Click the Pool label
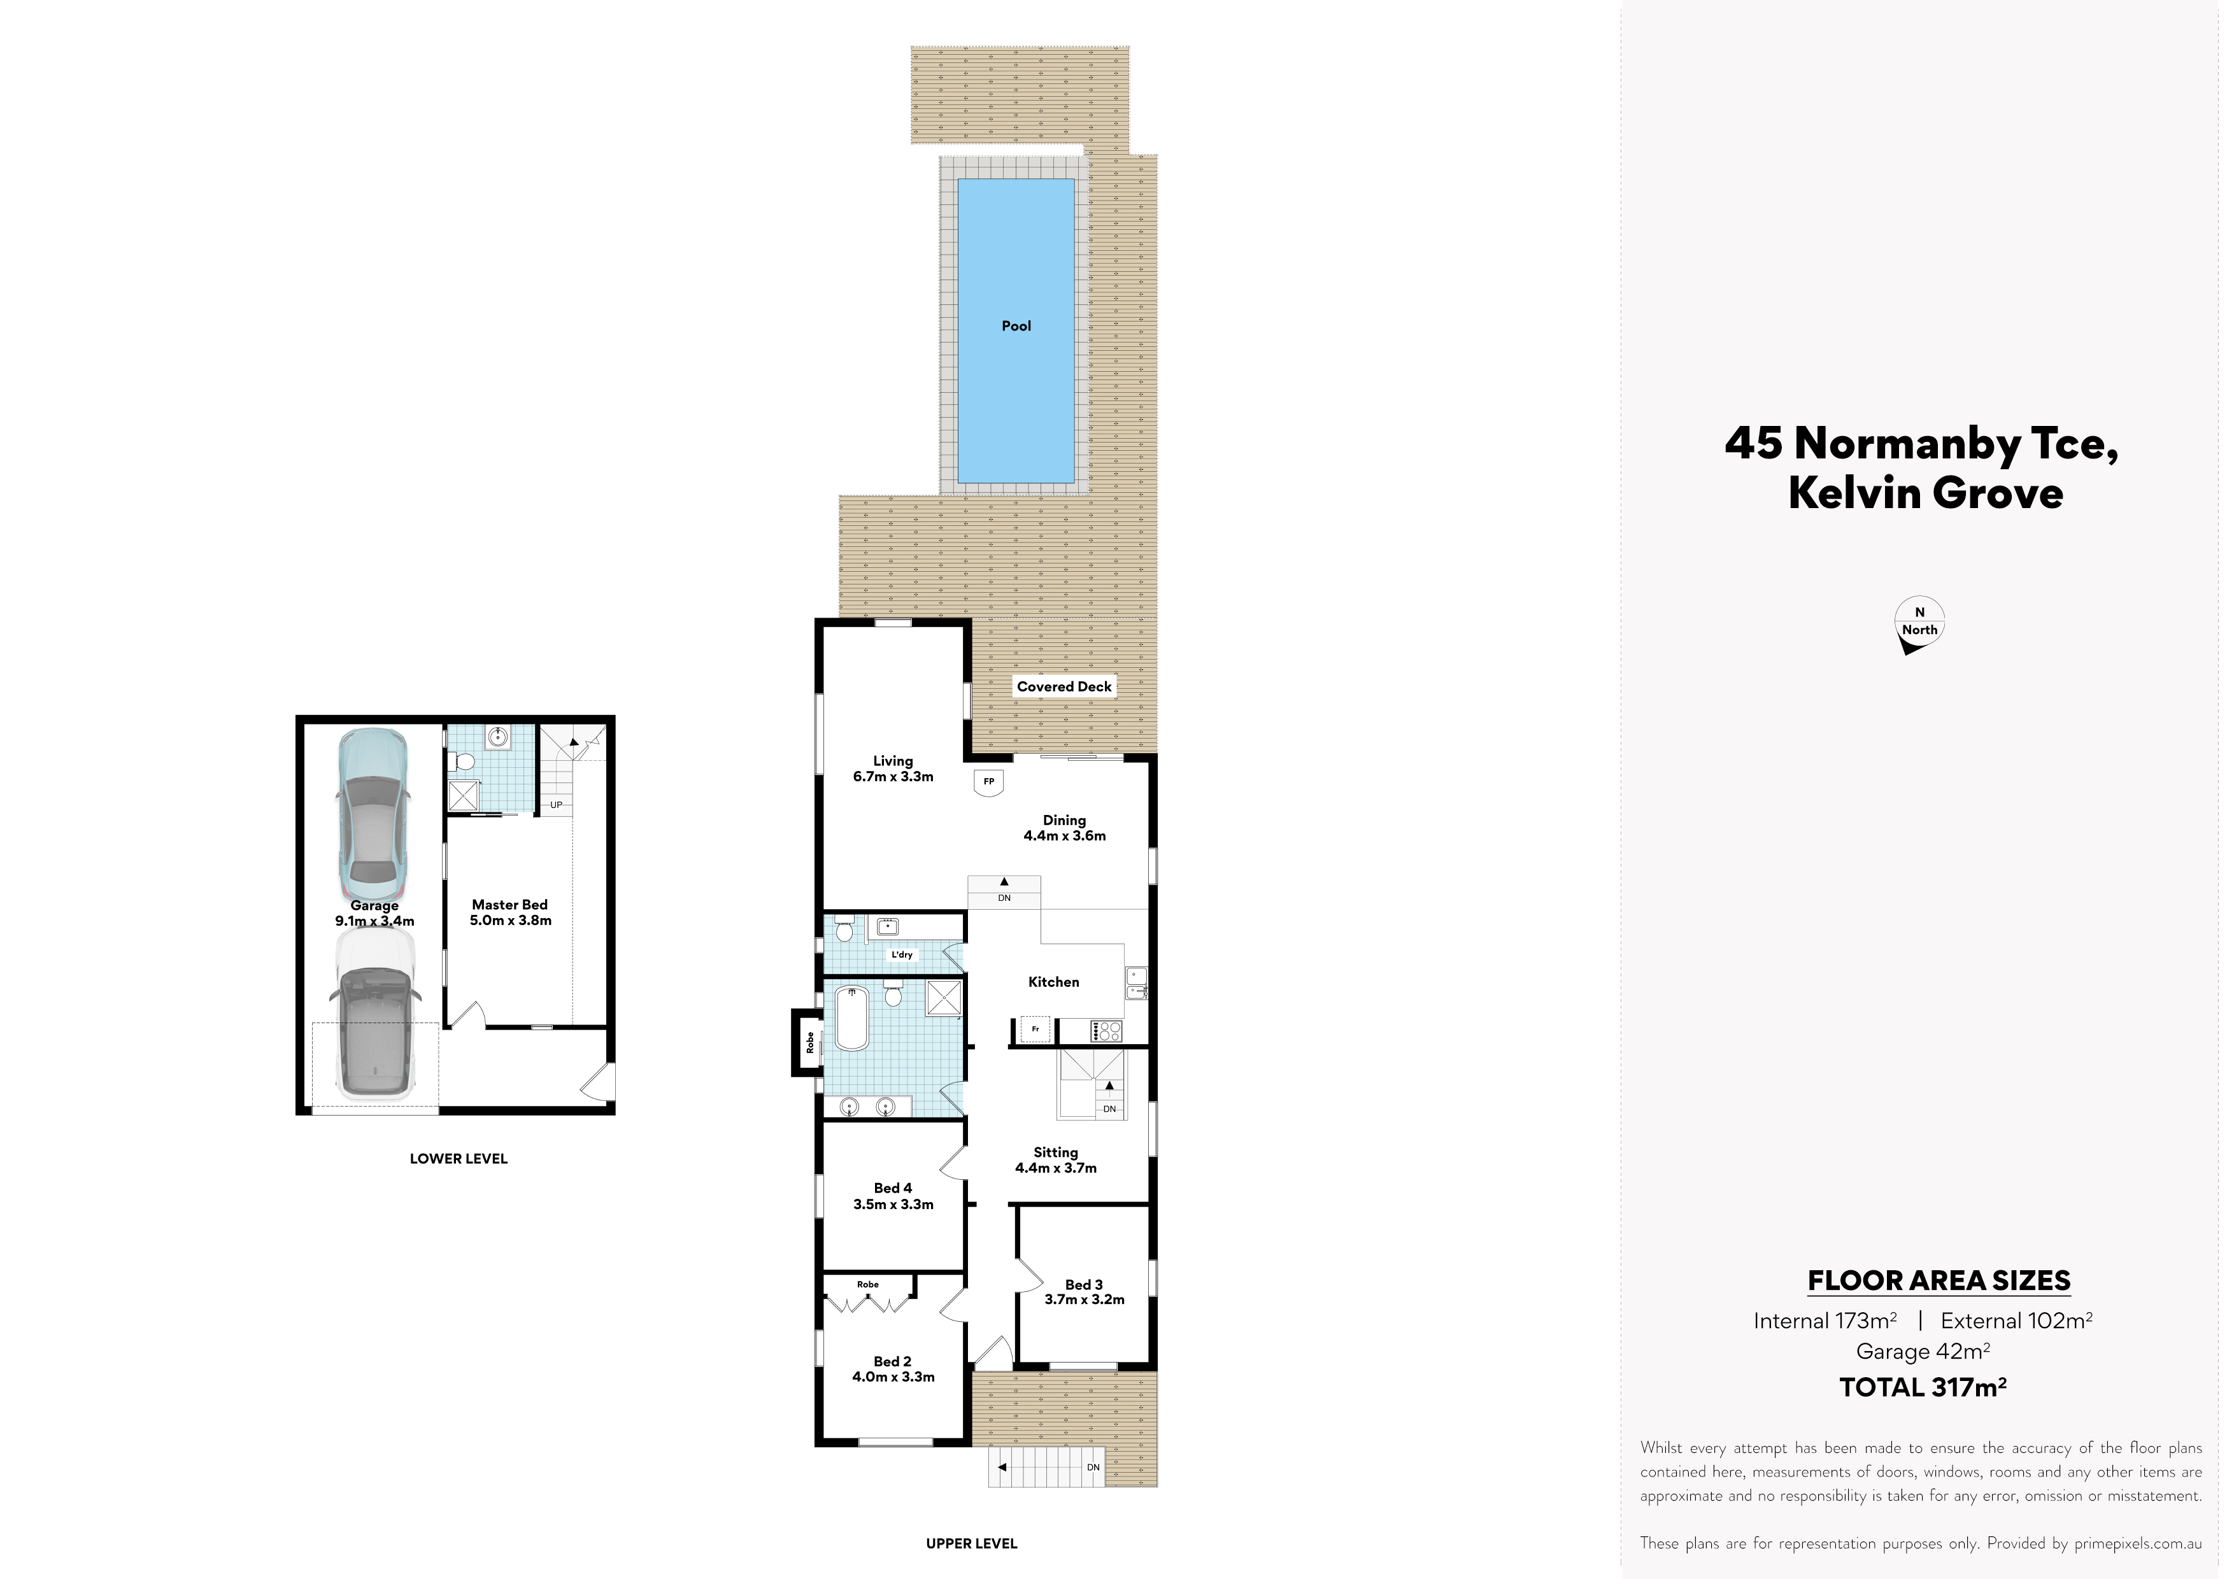coord(1016,326)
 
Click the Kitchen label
coord(1054,982)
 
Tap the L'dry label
coord(902,954)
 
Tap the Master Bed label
coord(510,905)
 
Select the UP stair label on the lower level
coord(555,805)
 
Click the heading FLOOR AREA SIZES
coord(1939,1280)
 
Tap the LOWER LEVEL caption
coord(459,1159)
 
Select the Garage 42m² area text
coord(1923,1351)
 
